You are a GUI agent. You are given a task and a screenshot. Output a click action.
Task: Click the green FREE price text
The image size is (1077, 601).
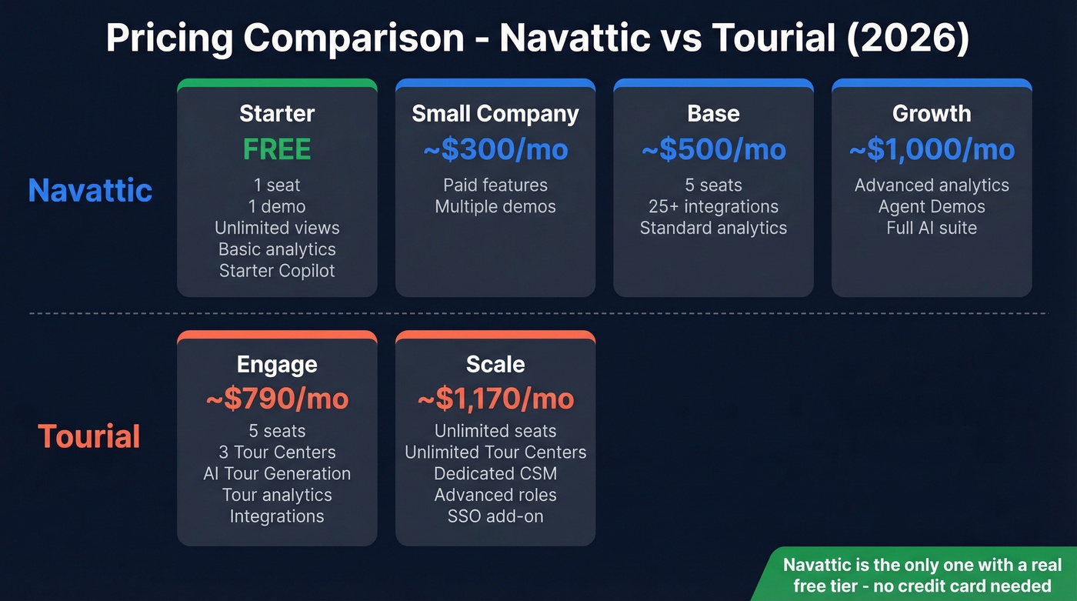pos(277,149)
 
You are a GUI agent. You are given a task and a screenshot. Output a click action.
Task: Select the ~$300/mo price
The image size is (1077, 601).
pos(495,149)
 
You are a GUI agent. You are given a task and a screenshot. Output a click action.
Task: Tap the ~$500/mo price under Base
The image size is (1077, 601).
pos(713,149)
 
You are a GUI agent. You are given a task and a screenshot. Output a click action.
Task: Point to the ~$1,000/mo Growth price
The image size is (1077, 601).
pos(932,149)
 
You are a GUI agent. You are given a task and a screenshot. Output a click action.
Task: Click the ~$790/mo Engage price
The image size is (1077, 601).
pos(277,399)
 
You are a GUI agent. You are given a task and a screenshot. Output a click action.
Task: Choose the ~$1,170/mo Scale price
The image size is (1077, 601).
pos(495,399)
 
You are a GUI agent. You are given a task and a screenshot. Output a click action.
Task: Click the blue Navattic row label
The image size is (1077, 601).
pos(90,190)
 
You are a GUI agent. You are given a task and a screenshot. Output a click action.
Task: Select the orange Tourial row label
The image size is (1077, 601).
pos(89,436)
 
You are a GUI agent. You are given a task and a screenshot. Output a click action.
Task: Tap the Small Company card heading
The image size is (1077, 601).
pos(495,114)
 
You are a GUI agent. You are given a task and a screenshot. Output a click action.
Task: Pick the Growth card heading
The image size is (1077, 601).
pos(932,114)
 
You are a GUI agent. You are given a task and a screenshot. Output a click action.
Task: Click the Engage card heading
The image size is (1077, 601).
pos(277,364)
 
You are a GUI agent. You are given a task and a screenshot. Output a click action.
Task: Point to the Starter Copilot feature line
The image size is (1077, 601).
pos(277,271)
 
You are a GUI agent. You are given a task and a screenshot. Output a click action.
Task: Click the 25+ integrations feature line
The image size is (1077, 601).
pos(713,207)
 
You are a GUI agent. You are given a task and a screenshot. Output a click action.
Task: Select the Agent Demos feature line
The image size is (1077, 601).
pos(932,207)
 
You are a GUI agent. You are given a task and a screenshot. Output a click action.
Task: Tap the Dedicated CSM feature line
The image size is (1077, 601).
pos(495,474)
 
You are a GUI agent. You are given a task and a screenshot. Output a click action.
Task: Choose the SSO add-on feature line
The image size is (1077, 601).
pos(495,516)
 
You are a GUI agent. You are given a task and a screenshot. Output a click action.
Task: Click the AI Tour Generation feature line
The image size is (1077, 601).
pos(277,474)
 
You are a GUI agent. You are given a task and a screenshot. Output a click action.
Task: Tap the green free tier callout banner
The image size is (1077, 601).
pos(922,575)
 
